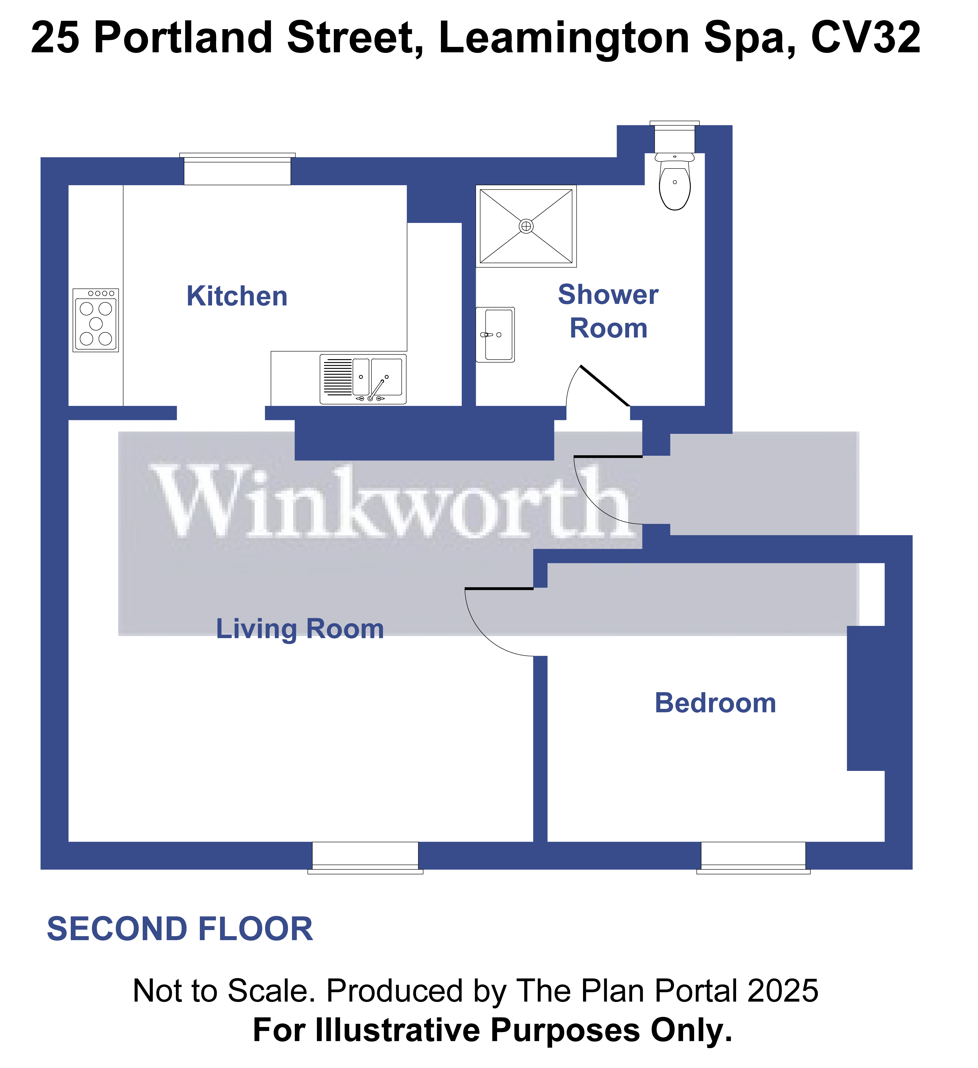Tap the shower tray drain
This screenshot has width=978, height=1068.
[x=526, y=226]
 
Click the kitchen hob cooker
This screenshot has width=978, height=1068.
[x=96, y=320]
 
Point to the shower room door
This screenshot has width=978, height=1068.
[x=605, y=386]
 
